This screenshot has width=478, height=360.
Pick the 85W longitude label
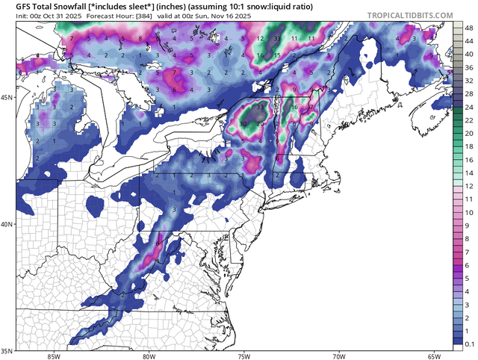(52, 356)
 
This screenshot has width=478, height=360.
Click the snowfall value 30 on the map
(243, 122)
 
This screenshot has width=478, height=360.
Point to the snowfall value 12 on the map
(259, 38)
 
